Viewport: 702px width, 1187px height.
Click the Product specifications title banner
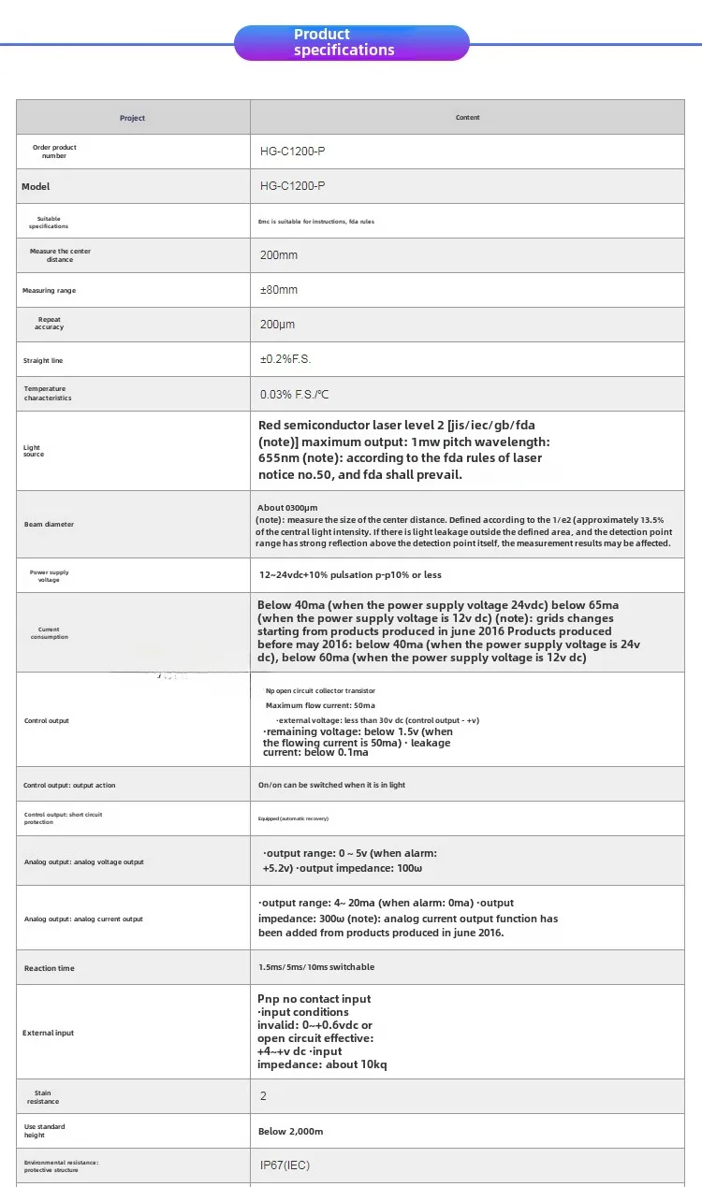coord(351,43)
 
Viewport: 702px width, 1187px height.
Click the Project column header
coord(133,118)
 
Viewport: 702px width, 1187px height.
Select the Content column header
coord(467,118)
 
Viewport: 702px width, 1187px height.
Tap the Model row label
coord(36,187)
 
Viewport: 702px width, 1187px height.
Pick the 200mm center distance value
coord(279,255)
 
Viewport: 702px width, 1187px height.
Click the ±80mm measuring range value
coord(279,290)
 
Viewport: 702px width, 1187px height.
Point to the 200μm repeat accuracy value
coord(278,325)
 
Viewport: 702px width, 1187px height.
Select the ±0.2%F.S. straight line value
coord(285,359)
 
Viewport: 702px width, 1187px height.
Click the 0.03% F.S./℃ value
coord(295,395)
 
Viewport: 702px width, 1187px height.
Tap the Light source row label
coord(34,451)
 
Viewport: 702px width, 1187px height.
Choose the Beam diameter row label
coord(49,525)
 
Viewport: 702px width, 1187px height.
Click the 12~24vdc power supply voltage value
coord(350,574)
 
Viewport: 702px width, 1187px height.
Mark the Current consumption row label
coord(49,633)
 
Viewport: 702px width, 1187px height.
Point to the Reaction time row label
coord(50,968)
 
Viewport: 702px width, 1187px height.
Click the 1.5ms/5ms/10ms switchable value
coord(316,967)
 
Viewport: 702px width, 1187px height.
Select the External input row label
coord(48,1033)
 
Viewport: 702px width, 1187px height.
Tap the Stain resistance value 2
coord(264,1096)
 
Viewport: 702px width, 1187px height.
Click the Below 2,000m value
coord(290,1132)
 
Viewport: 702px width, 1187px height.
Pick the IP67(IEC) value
coord(285,1165)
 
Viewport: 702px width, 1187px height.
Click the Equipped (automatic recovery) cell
coord(293,818)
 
